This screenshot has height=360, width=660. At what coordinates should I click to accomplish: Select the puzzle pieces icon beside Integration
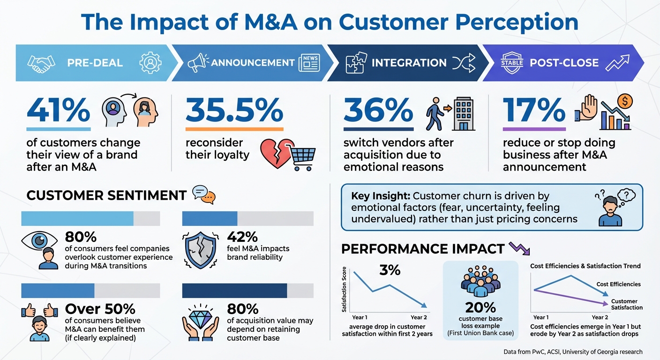click(x=354, y=63)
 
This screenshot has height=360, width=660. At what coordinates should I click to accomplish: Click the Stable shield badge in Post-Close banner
click(x=512, y=63)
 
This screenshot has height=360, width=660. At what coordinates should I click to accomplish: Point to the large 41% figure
click(x=58, y=111)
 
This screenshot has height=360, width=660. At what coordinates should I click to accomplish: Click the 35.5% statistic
click(x=234, y=111)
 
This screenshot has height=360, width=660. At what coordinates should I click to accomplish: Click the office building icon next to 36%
click(x=464, y=113)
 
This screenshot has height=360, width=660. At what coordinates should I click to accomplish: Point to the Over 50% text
click(x=100, y=309)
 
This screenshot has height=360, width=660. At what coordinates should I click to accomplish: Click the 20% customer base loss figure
click(x=480, y=307)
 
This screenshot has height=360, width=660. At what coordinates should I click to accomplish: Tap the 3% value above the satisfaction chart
click(x=390, y=270)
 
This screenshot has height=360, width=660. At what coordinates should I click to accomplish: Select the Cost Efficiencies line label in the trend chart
click(x=618, y=284)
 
